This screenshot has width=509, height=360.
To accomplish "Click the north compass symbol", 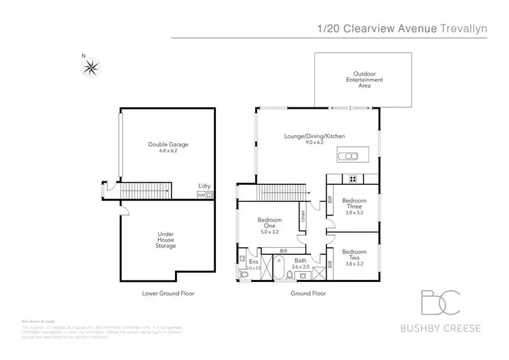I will pyautogui.click(x=91, y=67).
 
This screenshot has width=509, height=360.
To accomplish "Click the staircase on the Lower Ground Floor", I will pyautogui.click(x=146, y=191).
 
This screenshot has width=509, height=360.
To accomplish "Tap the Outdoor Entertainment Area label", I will pyautogui.click(x=364, y=80).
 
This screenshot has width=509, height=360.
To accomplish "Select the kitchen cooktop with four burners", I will pyautogui.click(x=353, y=180).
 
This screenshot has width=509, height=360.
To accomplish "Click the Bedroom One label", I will pyautogui.click(x=269, y=224).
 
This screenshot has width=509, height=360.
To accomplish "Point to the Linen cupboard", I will pyautogui.click(x=303, y=219).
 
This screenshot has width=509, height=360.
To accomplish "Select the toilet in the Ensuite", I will pyautogui.click(x=245, y=274).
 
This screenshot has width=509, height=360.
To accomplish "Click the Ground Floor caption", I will pyautogui.click(x=309, y=294).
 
